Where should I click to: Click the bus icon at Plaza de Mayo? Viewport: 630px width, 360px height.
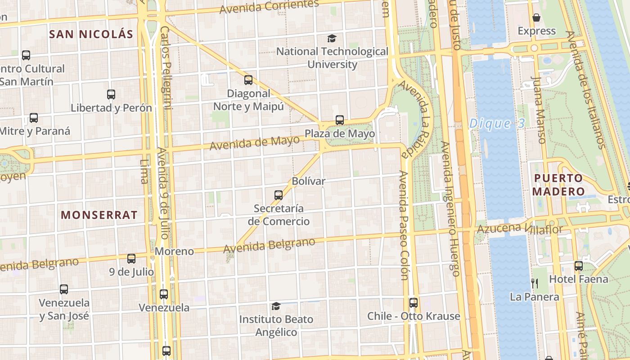(x=340, y=120)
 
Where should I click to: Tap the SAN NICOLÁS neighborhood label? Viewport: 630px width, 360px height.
(x=91, y=34)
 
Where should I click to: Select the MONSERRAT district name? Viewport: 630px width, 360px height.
(x=99, y=215)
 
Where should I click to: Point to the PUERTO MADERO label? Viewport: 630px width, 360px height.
(x=558, y=184)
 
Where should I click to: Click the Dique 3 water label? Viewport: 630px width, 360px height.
(x=497, y=124)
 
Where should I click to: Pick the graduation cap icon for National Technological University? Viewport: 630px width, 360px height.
(x=332, y=38)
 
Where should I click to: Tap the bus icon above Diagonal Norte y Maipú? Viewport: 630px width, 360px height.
(x=248, y=80)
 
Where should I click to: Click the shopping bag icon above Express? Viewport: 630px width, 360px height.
(x=536, y=18)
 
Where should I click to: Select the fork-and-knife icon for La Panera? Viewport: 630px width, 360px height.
(x=535, y=283)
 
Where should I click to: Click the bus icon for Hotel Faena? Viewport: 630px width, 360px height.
(x=579, y=266)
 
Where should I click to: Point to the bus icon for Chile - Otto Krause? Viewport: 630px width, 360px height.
(x=414, y=303)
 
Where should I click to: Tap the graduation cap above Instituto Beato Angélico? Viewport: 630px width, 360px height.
(x=276, y=306)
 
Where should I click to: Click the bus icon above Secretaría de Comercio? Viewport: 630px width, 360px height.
(x=279, y=195)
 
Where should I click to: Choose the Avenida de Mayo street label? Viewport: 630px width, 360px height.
(x=255, y=143)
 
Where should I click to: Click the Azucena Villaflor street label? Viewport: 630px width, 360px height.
(x=520, y=229)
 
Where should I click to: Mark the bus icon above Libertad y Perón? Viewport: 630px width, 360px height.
(x=111, y=94)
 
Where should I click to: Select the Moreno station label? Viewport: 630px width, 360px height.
(x=174, y=251)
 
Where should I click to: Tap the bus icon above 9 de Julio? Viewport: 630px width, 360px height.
(x=131, y=259)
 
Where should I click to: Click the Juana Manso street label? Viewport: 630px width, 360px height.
(x=538, y=110)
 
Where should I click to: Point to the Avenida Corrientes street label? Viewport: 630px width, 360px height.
(x=269, y=6)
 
